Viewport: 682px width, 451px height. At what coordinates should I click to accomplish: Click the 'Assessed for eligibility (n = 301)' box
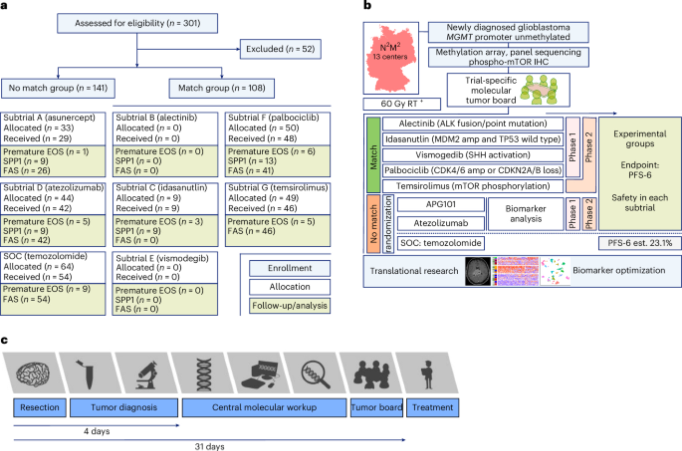point(137,23)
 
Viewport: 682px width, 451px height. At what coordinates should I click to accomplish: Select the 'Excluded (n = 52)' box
point(280,49)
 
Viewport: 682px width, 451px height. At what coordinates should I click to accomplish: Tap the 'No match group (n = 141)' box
point(58,88)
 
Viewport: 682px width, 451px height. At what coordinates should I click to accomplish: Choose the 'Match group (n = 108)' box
point(222,88)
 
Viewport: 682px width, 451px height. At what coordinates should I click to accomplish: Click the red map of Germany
point(391,58)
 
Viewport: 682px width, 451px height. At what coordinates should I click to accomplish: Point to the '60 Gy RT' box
point(402,104)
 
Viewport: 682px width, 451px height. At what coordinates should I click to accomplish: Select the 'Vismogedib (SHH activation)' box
point(473,155)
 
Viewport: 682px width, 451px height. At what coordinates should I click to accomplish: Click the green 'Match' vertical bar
point(373,155)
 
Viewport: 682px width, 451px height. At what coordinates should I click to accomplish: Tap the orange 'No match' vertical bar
point(373,224)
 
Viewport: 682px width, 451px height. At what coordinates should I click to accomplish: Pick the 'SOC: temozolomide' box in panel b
point(441,243)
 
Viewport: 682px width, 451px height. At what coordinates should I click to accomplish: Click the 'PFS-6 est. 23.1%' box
point(640,243)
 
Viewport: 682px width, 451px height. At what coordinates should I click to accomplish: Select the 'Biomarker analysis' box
point(525,214)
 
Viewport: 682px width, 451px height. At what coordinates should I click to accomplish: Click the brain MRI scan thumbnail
point(478,271)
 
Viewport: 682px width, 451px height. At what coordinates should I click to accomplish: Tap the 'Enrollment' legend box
point(290,268)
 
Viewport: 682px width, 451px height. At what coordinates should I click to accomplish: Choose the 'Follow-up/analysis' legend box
point(290,306)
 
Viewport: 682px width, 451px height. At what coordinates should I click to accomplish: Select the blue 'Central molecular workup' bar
point(264,408)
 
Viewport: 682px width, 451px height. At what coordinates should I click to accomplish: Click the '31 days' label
point(209,447)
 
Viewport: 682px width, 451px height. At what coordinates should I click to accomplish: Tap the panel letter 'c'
point(4,340)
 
